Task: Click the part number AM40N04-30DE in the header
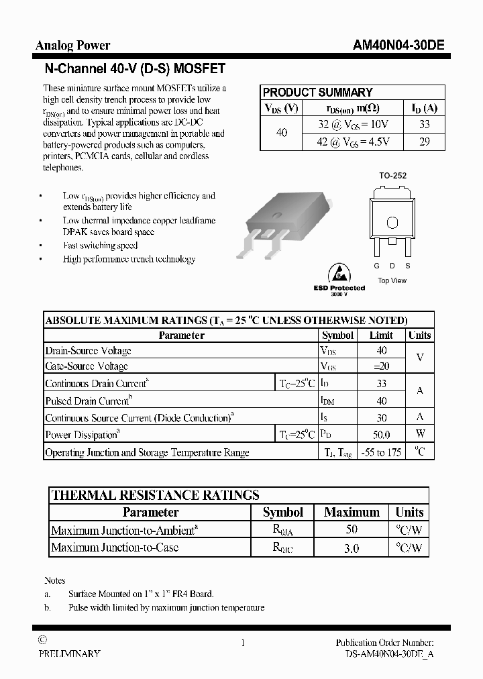(398, 46)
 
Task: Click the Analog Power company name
(72, 46)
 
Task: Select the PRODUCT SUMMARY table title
(317, 93)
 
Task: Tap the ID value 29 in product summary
(424, 142)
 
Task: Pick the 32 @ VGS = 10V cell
(354, 124)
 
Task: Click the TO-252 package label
(392, 176)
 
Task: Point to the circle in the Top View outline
(393, 223)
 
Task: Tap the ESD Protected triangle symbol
(339, 274)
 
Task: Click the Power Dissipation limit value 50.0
(381, 435)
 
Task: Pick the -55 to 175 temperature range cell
(381, 452)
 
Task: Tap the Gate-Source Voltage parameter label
(87, 366)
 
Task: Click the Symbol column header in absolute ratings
(337, 335)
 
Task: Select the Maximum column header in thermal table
(352, 512)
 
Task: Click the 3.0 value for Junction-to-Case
(352, 548)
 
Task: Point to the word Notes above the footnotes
(55, 580)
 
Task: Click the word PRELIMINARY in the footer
(70, 654)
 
